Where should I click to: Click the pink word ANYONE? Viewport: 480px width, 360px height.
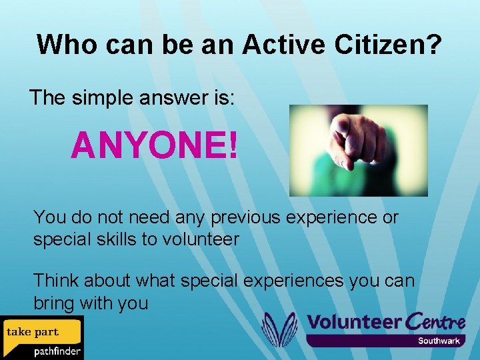pos(154,145)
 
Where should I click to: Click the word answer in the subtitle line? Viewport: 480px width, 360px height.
pos(177,98)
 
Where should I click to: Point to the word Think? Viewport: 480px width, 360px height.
pos(55,281)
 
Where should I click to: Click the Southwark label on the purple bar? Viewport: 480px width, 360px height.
pos(439,341)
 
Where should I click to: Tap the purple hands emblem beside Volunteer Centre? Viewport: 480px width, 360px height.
pos(279,329)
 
